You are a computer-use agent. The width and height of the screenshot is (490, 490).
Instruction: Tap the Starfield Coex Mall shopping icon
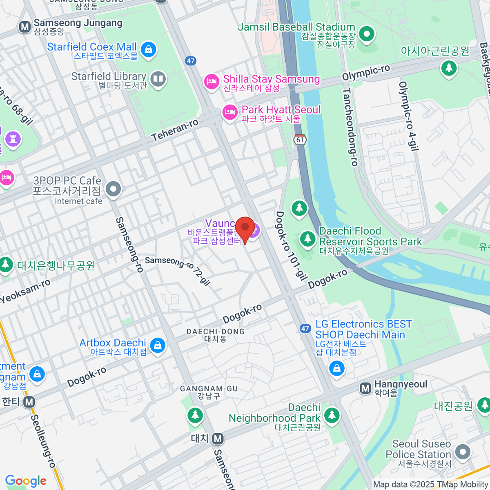coord(148,50)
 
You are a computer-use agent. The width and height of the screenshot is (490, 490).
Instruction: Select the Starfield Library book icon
coord(158,79)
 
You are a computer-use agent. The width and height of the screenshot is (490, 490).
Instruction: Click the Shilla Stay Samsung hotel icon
coord(211,82)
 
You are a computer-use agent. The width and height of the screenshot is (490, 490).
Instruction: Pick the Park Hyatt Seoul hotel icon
coord(229,112)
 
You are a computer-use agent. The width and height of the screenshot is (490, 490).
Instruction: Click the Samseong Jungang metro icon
coord(25,27)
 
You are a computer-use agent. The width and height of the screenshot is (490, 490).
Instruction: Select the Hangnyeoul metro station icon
coord(365,388)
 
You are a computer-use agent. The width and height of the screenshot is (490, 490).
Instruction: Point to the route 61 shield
coord(300,139)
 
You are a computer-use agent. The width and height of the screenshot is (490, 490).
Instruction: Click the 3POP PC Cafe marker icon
coord(114,189)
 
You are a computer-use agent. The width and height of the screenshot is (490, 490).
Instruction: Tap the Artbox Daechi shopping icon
coord(158,345)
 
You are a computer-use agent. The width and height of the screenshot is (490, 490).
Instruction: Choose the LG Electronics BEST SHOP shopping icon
coord(337,369)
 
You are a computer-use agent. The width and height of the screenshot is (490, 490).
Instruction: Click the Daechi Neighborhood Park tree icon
coord(332,415)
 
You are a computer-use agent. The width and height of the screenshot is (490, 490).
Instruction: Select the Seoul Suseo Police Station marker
coord(463,452)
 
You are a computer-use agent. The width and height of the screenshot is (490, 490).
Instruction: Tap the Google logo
coord(26,481)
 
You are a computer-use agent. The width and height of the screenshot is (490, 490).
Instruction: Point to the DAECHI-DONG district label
coord(216,332)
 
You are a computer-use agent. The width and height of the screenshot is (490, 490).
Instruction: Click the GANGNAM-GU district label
coord(209,389)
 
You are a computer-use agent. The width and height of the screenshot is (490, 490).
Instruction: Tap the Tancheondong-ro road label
coord(350,127)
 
